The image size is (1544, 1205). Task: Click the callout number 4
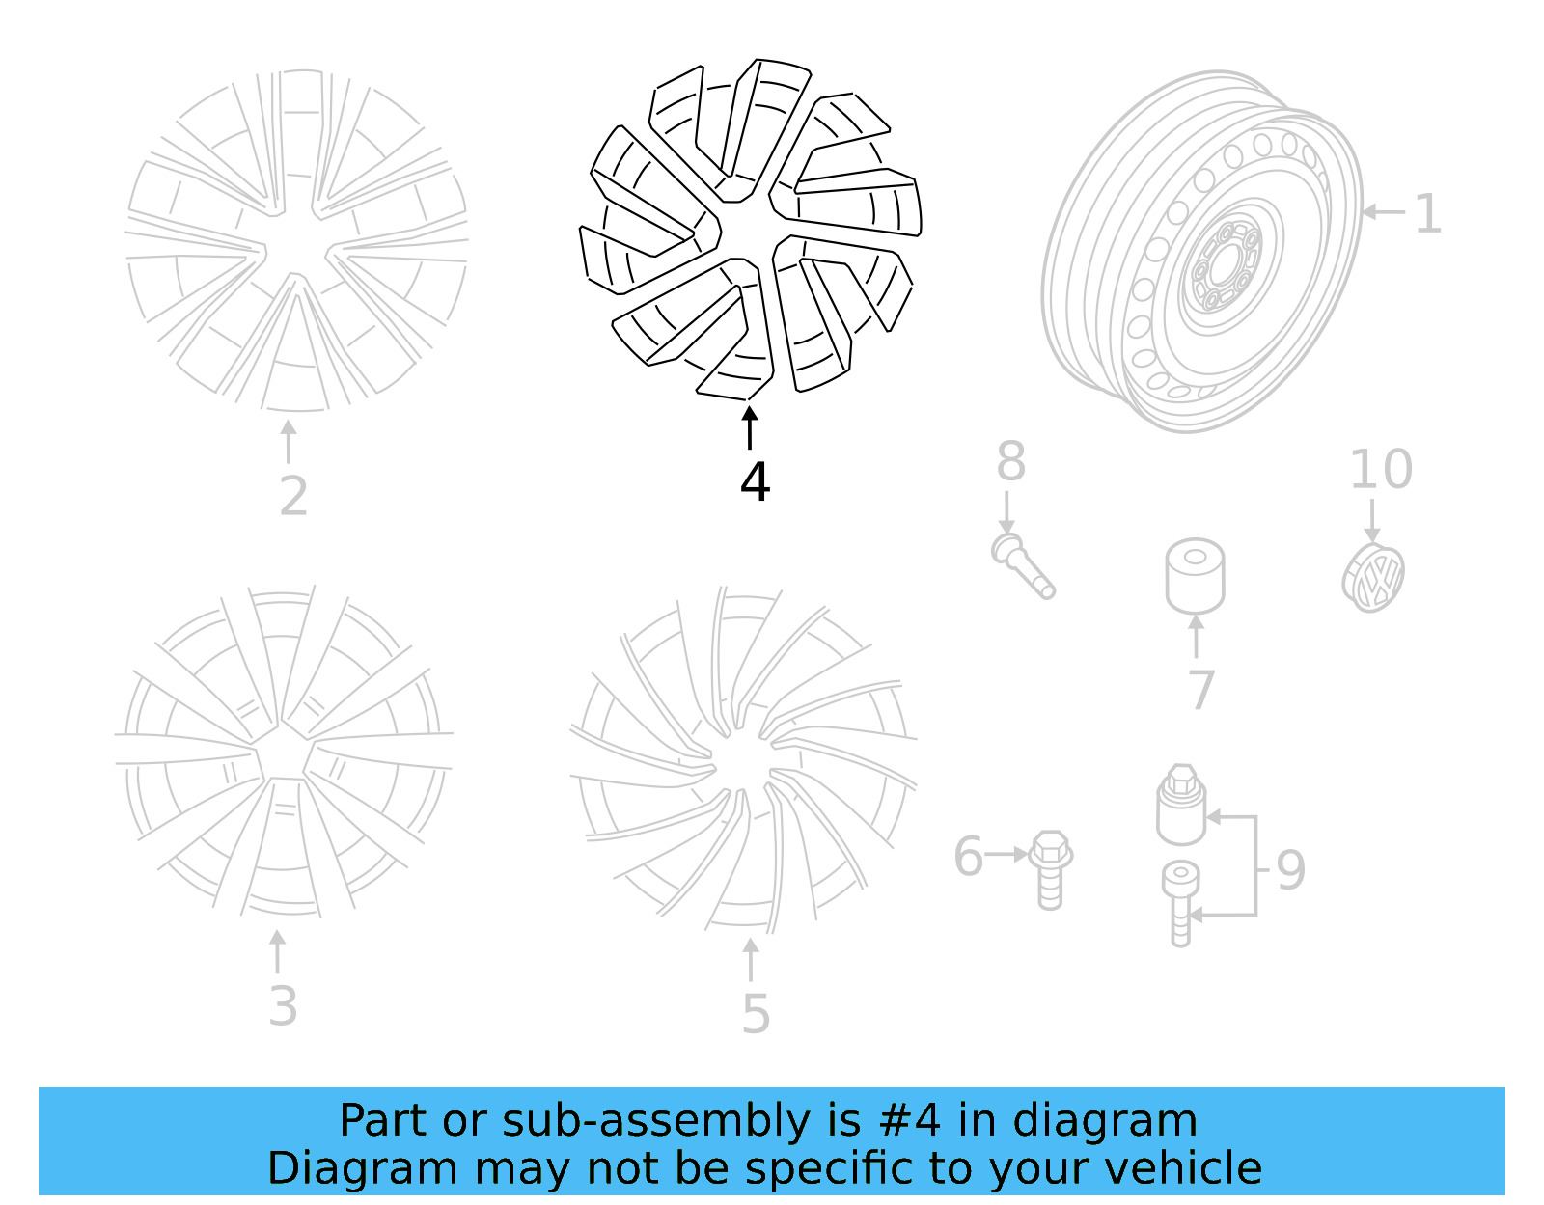[755, 481]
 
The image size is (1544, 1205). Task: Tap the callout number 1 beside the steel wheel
[1427, 213]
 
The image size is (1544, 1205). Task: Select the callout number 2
[293, 496]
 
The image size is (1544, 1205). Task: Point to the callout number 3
[283, 1006]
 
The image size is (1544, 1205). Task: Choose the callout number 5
[756, 1014]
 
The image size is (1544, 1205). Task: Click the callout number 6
[968, 857]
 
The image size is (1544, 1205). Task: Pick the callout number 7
[1200, 690]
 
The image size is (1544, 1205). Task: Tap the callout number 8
[1010, 461]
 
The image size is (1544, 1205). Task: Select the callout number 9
[1290, 869]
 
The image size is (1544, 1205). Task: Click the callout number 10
[1381, 470]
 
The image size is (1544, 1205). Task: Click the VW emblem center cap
[1373, 578]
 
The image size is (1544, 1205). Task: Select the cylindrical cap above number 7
[1195, 575]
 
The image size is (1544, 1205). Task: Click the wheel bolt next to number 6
[1049, 868]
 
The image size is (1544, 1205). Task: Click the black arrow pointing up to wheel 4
[750, 427]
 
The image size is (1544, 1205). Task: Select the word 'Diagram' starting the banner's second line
[362, 1167]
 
